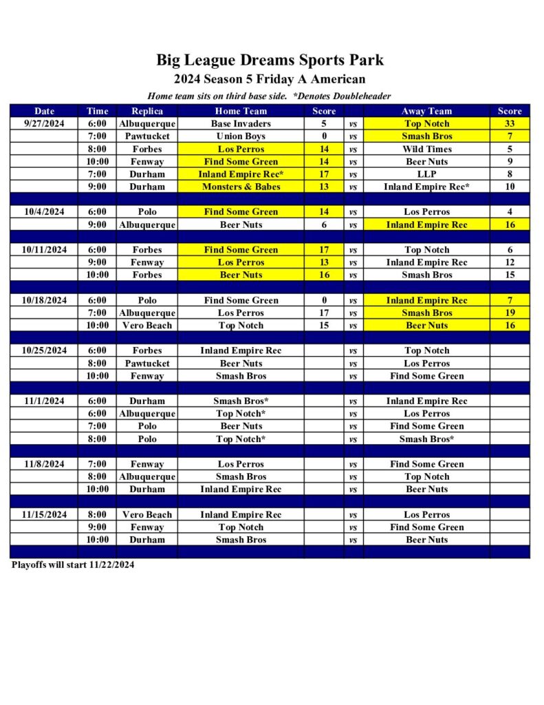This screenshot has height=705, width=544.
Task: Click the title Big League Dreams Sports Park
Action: point(270,60)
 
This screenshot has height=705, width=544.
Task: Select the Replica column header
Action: point(147,111)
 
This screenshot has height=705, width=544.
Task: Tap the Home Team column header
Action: point(241,111)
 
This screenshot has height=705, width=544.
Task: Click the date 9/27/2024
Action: point(44,124)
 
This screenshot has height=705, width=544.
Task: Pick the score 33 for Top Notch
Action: point(510,124)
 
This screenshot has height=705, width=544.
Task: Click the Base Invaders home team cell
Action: point(241,124)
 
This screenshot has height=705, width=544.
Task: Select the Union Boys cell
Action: point(241,136)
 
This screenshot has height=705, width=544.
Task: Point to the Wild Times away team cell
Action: point(426,149)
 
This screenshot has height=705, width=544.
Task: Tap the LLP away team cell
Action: point(426,174)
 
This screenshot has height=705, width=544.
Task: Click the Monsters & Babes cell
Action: point(241,187)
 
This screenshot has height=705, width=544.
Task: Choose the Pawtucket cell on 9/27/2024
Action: point(147,136)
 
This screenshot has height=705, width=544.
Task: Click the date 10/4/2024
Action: point(44,212)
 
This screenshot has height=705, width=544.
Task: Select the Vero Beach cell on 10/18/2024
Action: point(147,325)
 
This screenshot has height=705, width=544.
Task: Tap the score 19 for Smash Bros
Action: point(510,313)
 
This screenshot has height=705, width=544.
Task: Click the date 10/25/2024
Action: point(44,350)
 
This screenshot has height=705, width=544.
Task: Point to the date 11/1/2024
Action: point(44,401)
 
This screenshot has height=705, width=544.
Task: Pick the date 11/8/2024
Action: point(44,464)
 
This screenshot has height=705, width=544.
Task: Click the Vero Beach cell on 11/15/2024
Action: point(147,514)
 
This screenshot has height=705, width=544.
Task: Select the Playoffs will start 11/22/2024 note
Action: point(73,565)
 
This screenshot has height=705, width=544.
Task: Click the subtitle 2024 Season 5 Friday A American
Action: point(270,79)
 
